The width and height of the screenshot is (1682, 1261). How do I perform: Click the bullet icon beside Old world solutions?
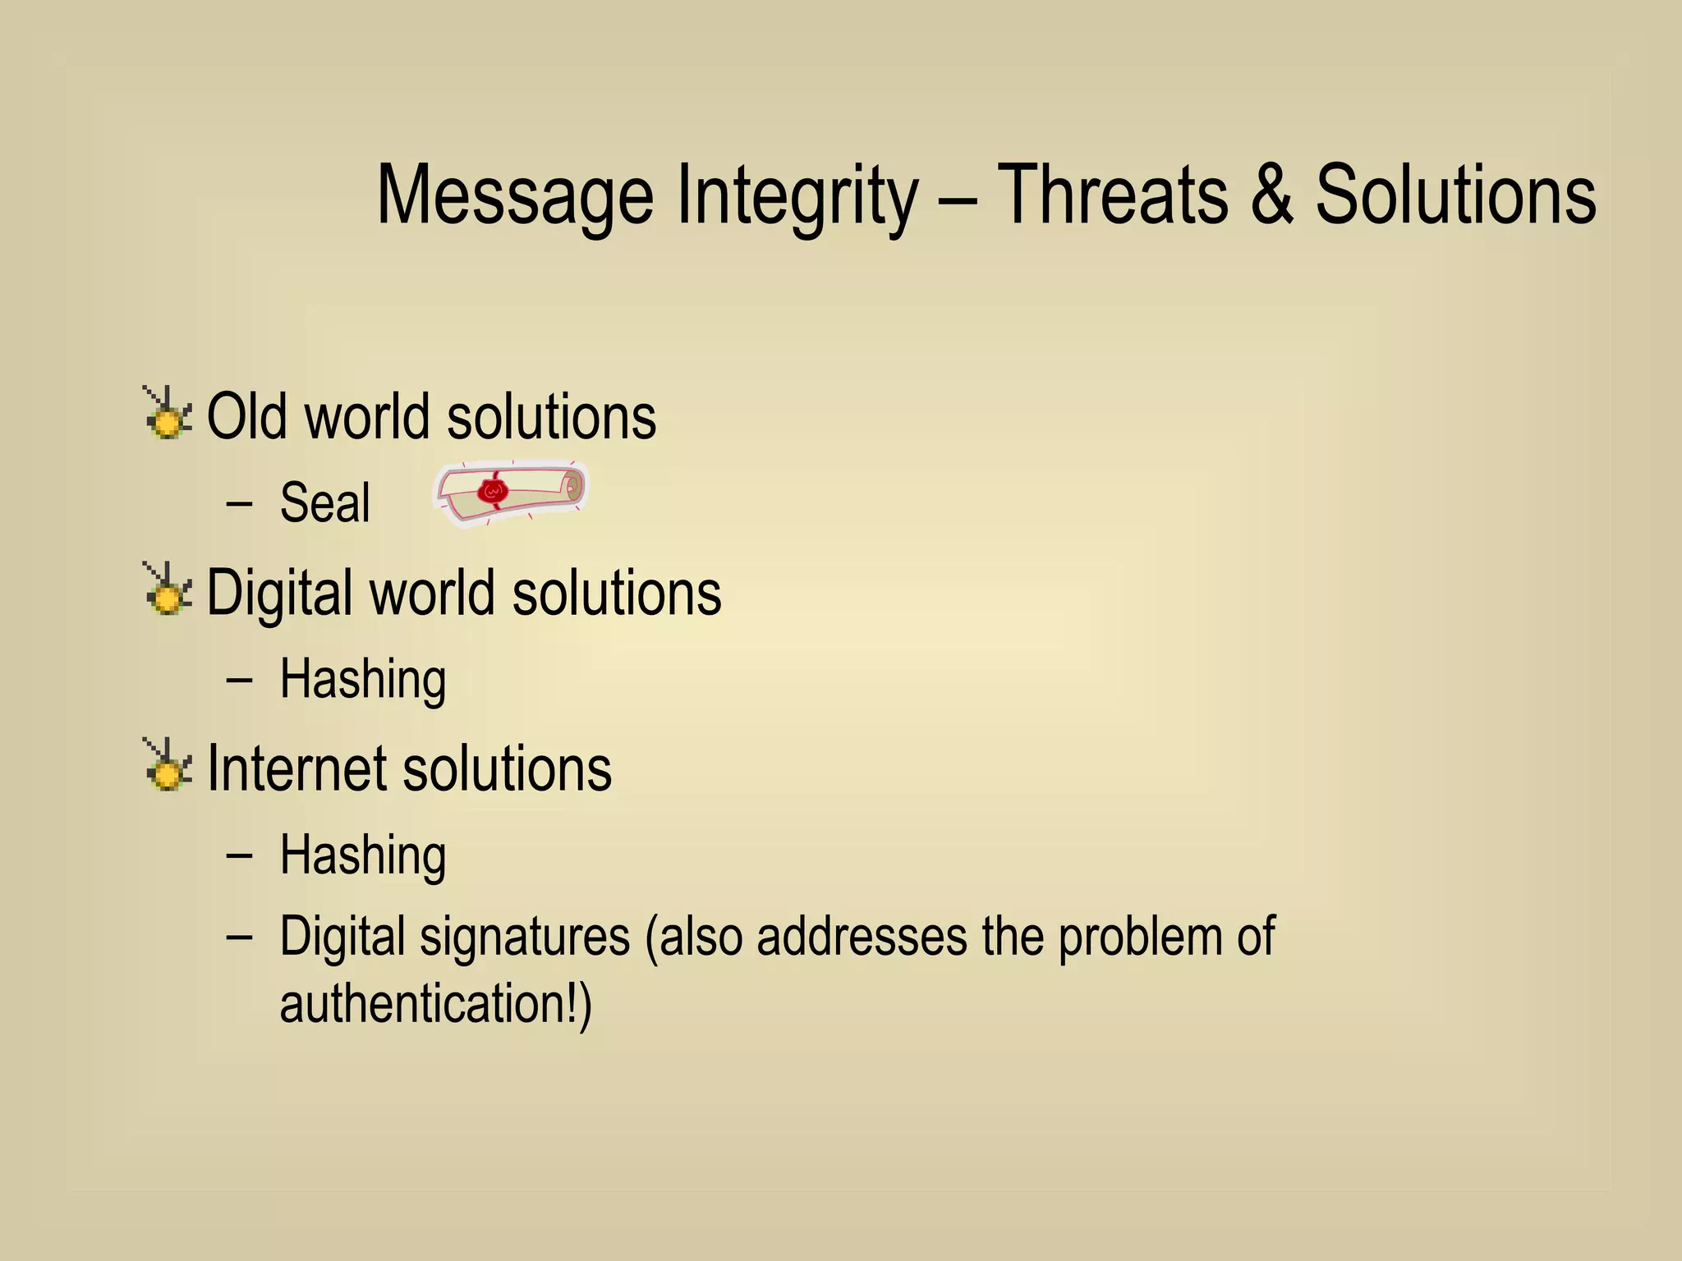168,413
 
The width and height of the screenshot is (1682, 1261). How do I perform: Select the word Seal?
324,502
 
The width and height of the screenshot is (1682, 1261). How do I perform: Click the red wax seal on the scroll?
494,491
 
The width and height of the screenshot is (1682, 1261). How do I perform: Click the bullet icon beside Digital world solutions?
168,589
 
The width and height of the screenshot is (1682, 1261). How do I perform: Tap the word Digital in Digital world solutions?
279,593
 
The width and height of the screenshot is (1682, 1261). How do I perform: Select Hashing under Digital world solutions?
362,679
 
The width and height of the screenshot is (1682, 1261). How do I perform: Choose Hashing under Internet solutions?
362,855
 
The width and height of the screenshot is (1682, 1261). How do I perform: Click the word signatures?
525,937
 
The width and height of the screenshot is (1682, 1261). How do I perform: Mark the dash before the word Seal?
238,503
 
